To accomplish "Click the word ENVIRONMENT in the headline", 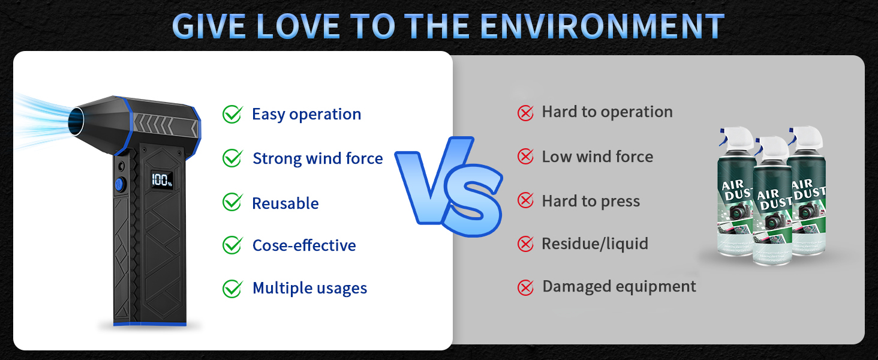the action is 602,26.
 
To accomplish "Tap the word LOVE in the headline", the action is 298,26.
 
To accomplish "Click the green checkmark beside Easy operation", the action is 233,114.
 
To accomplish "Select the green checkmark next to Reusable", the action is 233,202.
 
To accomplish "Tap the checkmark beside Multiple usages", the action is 233,289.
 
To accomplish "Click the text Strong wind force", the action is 317,158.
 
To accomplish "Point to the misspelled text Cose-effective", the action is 304,245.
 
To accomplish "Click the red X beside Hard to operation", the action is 525,113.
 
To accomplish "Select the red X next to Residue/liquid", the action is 525,244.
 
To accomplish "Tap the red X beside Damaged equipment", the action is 525,287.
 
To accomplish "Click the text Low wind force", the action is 597,157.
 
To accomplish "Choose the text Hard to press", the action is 591,201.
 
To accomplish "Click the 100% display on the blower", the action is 162,180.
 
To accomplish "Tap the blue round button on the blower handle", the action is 119,184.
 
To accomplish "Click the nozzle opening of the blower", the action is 76,122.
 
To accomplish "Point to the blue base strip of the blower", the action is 150,323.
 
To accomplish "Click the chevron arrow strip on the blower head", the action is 164,125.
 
